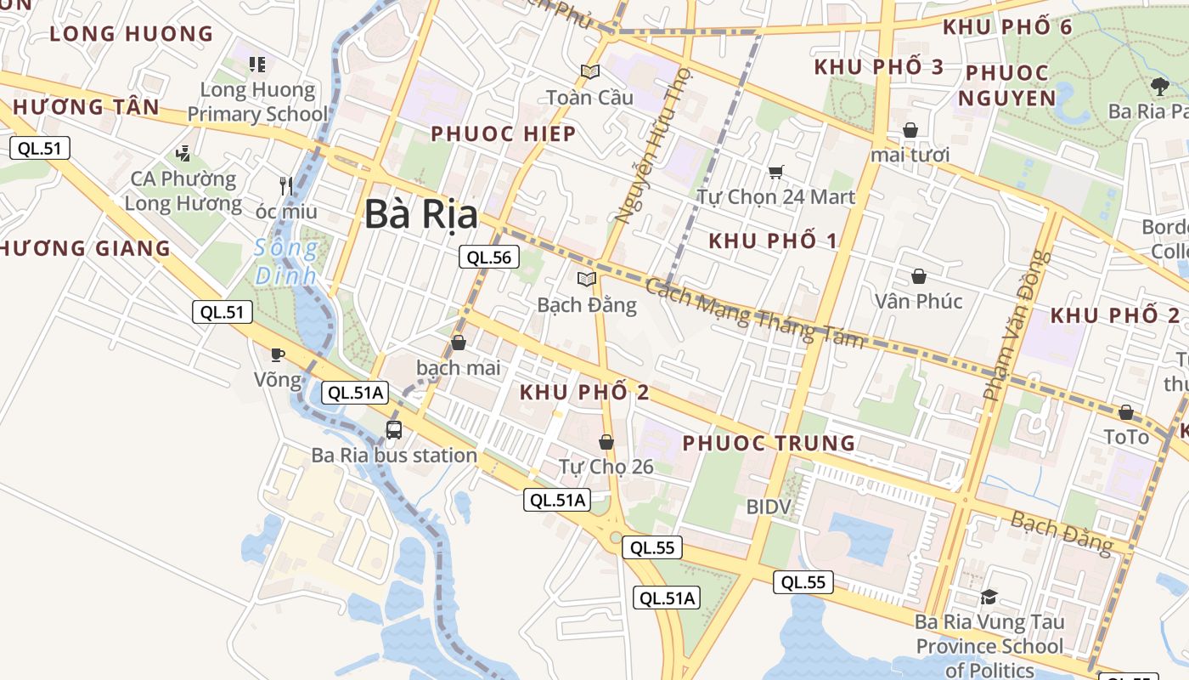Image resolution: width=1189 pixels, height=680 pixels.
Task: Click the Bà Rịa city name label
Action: [x=421, y=215]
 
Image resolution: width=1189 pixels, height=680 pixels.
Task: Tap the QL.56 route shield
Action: [x=489, y=257]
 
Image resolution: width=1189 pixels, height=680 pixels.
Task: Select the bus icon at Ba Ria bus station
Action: [x=394, y=429]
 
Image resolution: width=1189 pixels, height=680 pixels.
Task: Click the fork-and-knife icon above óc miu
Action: [x=286, y=185]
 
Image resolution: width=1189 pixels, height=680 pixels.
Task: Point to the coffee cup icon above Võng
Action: [x=278, y=354]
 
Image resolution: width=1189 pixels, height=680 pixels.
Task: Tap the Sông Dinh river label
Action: [x=286, y=262]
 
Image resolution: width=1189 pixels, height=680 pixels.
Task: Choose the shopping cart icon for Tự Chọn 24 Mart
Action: [x=775, y=173]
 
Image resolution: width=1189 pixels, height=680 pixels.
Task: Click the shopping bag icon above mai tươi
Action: [x=910, y=130]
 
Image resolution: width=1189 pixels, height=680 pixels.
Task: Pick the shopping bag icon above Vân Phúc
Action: [x=918, y=276]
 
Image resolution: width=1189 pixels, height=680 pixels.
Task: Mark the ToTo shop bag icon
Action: [x=1125, y=412]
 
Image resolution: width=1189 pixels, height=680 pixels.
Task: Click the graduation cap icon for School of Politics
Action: [x=989, y=597]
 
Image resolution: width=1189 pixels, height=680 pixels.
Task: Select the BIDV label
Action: [x=769, y=507]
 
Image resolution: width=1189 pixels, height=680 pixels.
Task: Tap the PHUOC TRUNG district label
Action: [x=769, y=443]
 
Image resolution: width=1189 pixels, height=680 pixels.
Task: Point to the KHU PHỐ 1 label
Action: [x=773, y=241]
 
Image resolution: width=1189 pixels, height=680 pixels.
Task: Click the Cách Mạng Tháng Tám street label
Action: [x=754, y=313]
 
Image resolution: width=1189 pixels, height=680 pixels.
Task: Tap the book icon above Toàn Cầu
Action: [x=589, y=72]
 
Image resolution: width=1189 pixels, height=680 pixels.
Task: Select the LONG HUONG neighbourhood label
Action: [x=132, y=34]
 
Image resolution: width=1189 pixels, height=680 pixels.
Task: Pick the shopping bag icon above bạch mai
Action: [x=459, y=343]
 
